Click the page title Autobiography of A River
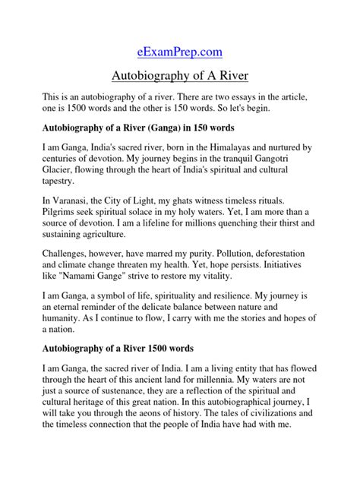pyautogui.click(x=179, y=77)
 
